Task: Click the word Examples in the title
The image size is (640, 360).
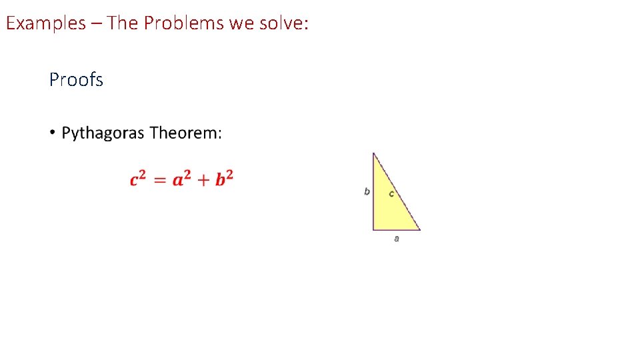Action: [46, 23]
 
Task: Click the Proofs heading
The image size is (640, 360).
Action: [76, 80]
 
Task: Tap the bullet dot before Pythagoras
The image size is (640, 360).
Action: [51, 133]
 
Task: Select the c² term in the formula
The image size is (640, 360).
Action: [138, 179]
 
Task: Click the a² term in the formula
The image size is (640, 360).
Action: [181, 179]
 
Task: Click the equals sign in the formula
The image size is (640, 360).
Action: [159, 180]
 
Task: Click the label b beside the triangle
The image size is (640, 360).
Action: [367, 192]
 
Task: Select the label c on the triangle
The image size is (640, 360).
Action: [391, 194]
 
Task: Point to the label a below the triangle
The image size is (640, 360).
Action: [397, 238]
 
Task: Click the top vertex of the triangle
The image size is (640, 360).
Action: [373, 153]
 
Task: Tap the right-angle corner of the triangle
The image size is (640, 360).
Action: [374, 229]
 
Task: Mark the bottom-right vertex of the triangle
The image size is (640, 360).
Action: [420, 230]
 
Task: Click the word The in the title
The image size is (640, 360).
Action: [121, 23]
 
